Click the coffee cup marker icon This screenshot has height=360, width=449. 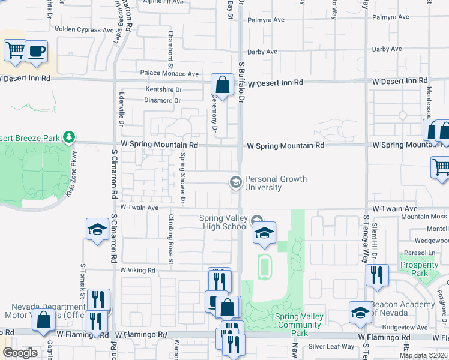[x=36, y=52]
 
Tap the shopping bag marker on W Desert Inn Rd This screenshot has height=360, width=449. [x=222, y=85]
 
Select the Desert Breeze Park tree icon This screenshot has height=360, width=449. [x=70, y=137]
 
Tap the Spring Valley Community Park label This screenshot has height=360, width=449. [x=299, y=325]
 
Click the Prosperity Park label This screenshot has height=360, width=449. [x=419, y=269]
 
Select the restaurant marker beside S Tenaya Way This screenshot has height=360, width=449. [x=377, y=275]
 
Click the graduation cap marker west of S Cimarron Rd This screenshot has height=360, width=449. [x=97, y=230]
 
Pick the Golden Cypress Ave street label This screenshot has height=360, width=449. [x=84, y=28]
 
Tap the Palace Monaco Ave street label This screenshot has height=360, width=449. [x=169, y=74]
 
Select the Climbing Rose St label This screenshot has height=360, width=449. [x=171, y=239]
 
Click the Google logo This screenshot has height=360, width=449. [x=20, y=353]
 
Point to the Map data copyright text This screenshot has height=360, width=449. [x=423, y=355]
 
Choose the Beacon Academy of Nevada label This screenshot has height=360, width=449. [x=402, y=309]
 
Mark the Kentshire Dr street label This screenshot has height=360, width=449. [x=164, y=89]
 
